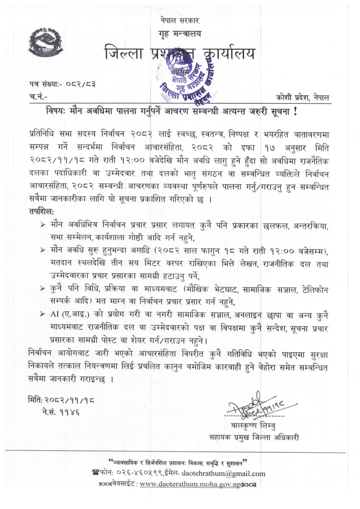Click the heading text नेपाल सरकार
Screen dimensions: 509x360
(180, 20)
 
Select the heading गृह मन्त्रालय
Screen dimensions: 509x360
(180, 34)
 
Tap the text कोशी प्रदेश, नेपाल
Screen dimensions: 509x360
(302, 97)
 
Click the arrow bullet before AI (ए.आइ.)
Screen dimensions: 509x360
(43, 314)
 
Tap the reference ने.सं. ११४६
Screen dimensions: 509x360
(61, 412)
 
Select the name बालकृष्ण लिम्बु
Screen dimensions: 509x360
(253, 425)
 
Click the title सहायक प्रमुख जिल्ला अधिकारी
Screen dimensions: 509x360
(254, 437)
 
